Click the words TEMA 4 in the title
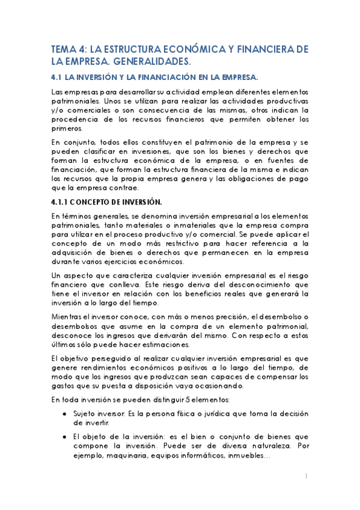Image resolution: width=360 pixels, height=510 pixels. pos(68,49)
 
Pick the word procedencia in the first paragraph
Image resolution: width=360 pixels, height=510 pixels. pos(74,119)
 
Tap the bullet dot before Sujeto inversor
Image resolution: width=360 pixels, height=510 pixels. pos(64,414)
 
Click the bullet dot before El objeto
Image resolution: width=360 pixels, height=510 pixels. pos(64,437)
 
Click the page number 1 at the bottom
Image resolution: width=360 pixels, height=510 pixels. pos(306,476)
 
